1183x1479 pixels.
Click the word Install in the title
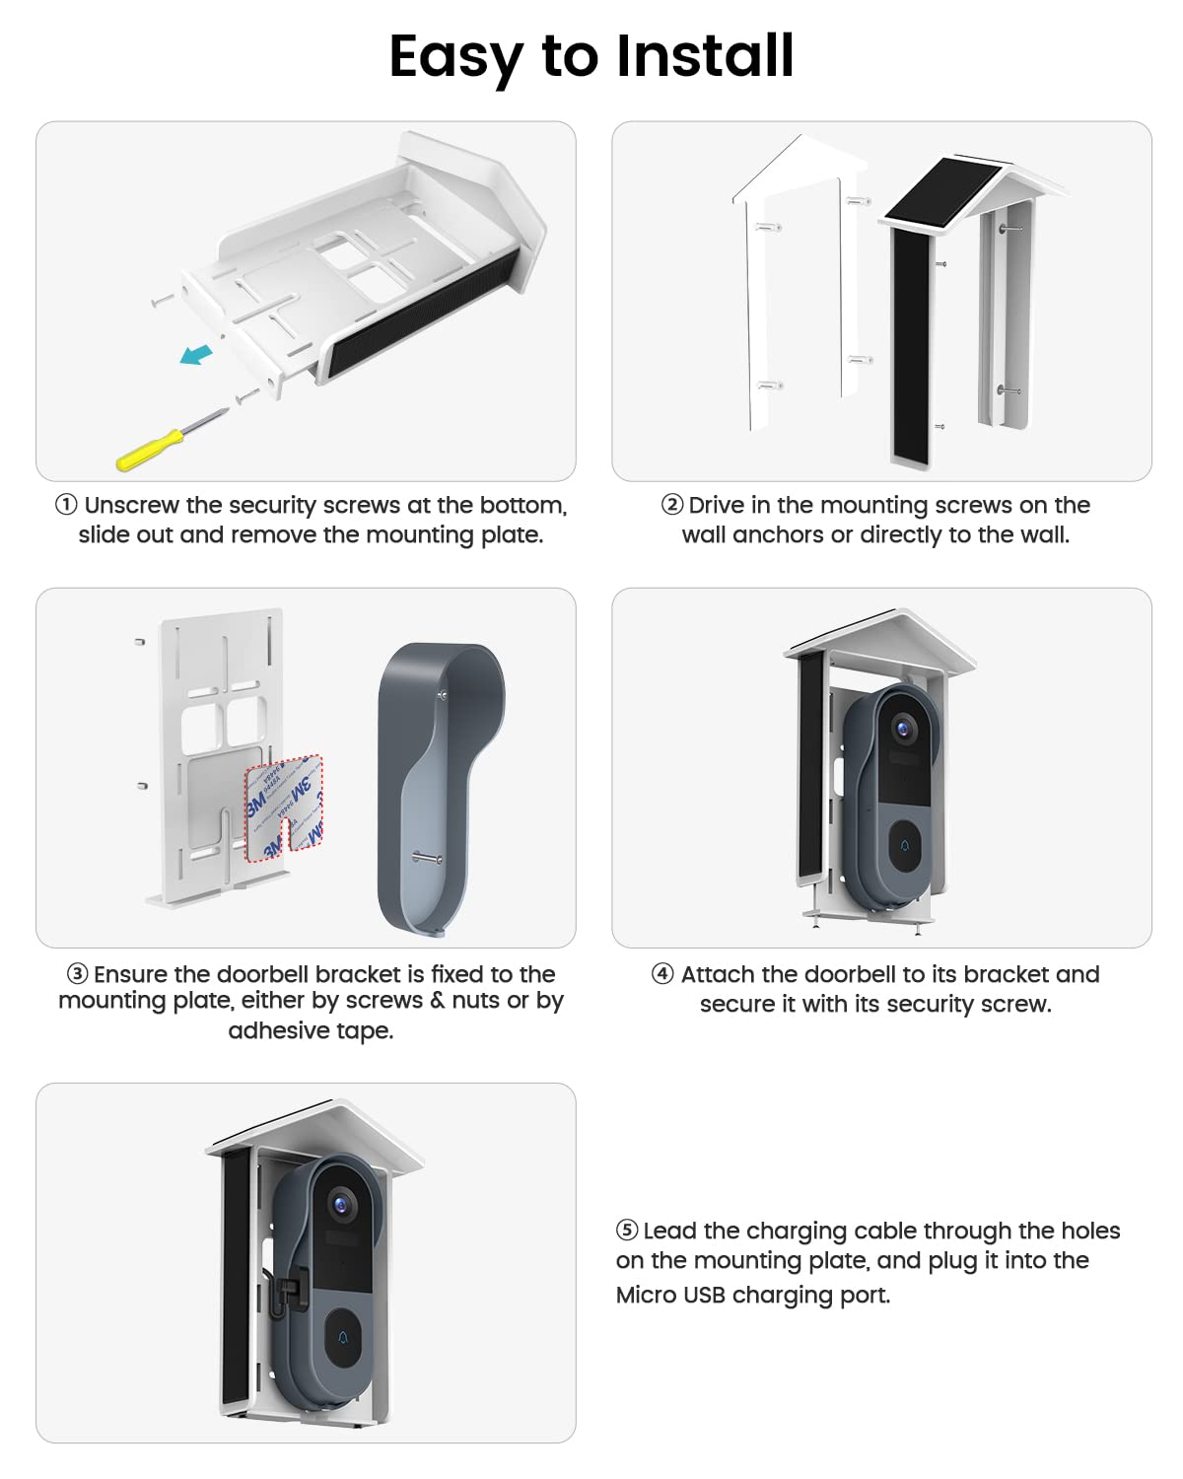click(x=705, y=56)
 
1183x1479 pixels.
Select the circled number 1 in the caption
click(x=66, y=505)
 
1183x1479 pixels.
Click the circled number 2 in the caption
click(x=672, y=505)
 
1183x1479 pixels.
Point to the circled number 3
click(x=78, y=974)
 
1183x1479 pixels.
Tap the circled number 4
click(x=662, y=974)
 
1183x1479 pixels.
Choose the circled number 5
click(x=627, y=1231)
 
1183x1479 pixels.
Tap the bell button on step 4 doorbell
click(x=906, y=846)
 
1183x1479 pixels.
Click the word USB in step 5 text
click(x=703, y=1295)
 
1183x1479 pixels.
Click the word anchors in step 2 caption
click(x=778, y=535)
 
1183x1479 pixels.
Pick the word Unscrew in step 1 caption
click(x=131, y=506)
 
